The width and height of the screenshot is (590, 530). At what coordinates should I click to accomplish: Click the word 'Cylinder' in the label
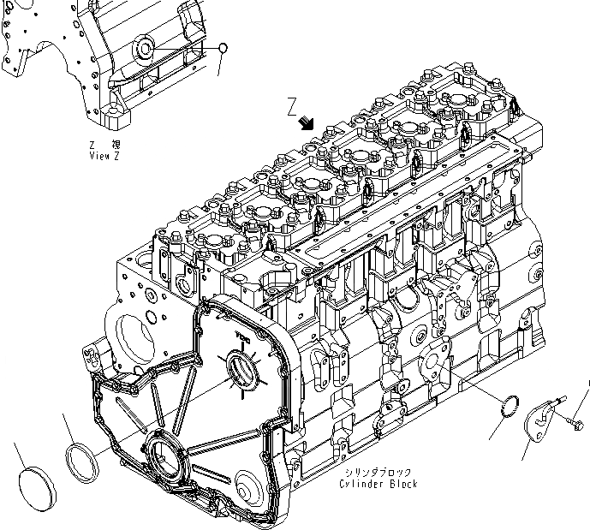(x=361, y=485)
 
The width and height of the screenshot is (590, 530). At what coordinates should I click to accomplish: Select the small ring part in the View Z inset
(x=222, y=48)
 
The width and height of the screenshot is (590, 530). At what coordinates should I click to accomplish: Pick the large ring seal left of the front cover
(x=84, y=456)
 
